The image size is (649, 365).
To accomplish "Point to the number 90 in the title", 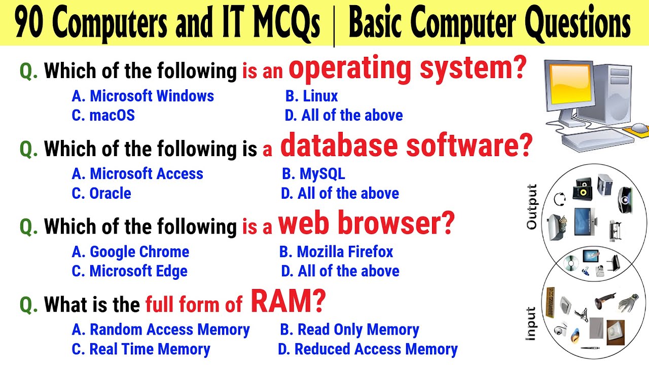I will [30, 24].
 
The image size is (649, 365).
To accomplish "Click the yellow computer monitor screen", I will [567, 84].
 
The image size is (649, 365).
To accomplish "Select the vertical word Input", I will [530, 323].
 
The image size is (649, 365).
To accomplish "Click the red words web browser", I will [366, 224].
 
